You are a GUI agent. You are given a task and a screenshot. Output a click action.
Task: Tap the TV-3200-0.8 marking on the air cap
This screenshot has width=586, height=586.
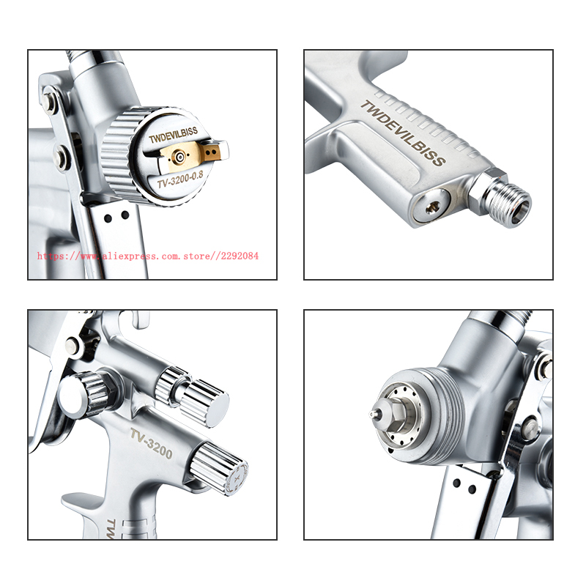[x=180, y=179]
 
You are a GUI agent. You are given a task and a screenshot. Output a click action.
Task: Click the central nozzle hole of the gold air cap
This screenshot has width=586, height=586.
[x=180, y=157]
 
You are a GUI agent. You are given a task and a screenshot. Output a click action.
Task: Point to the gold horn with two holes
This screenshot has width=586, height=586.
[x=213, y=152]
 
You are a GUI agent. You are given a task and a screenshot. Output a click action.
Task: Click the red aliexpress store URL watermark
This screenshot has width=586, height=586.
[x=148, y=256]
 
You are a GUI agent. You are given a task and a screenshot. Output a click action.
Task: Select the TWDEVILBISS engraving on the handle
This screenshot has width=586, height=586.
[x=403, y=133]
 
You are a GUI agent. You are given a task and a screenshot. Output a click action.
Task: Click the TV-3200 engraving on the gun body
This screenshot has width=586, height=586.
[x=152, y=443]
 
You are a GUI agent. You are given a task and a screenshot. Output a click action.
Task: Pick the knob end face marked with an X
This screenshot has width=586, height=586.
[x=236, y=478]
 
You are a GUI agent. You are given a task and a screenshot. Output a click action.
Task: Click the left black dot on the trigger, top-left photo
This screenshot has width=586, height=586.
[x=108, y=218]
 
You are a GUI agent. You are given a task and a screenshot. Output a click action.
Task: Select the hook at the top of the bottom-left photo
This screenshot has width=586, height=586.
[x=140, y=319]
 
